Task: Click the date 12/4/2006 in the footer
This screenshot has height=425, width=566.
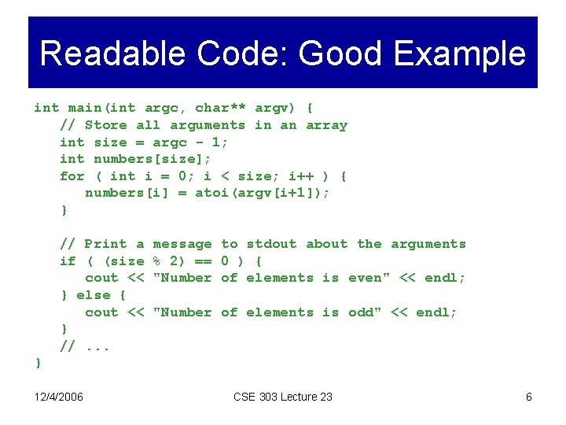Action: [59, 397]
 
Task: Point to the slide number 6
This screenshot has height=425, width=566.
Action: [529, 397]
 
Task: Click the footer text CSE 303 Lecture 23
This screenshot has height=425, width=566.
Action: [283, 397]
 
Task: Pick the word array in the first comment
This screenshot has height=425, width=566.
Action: [326, 125]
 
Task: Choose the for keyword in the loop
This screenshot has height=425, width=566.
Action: [72, 176]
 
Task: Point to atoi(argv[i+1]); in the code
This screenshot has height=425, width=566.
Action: [263, 193]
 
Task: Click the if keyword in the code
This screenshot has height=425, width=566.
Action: [68, 261]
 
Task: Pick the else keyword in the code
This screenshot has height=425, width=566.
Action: [94, 295]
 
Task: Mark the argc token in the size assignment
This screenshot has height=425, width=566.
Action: [170, 142]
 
